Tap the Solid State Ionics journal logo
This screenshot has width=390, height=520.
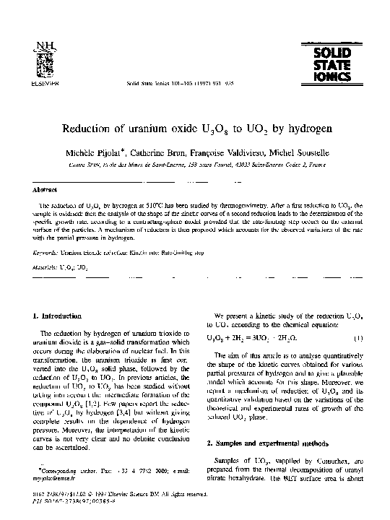coord(331,64)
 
